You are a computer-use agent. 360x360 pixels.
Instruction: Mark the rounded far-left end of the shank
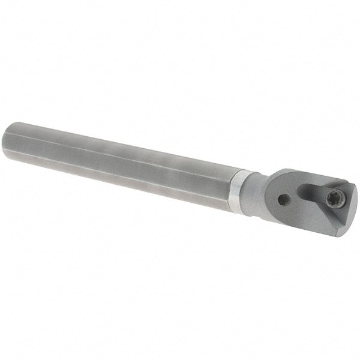tap(7, 143)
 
